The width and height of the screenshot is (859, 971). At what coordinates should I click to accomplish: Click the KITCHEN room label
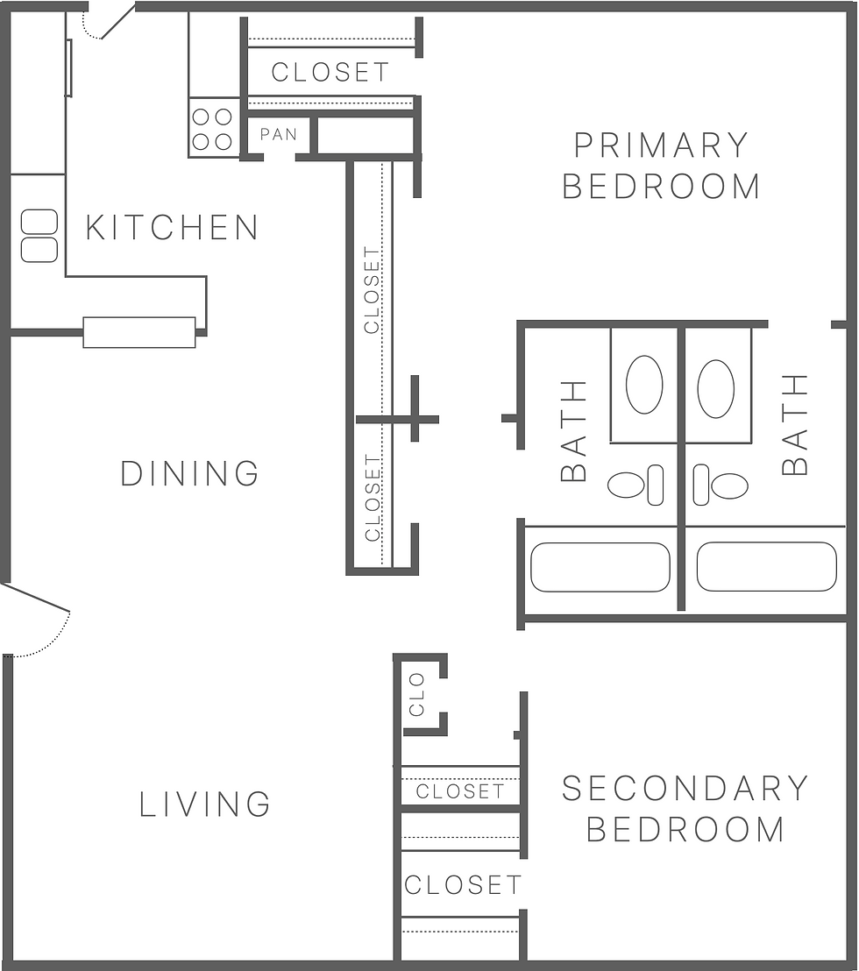(x=173, y=228)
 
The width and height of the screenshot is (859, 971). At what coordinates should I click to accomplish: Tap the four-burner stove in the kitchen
(x=212, y=129)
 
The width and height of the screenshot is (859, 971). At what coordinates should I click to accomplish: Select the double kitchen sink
(x=39, y=236)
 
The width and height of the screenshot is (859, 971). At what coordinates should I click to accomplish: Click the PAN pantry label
(x=279, y=135)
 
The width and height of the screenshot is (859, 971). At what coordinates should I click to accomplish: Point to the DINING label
(x=189, y=474)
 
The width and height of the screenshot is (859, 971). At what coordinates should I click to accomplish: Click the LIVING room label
(x=205, y=804)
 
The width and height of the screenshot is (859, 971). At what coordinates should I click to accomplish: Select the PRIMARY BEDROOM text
(x=661, y=166)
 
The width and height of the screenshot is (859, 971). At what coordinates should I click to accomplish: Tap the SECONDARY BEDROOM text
(x=685, y=808)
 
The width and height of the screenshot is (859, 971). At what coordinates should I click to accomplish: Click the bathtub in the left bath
(x=600, y=567)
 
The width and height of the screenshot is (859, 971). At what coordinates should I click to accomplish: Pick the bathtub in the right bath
(x=766, y=567)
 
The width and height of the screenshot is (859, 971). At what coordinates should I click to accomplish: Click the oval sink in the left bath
(x=644, y=385)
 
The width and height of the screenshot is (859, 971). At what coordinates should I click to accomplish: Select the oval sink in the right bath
(x=715, y=388)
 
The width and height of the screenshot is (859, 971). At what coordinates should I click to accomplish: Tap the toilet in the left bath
(x=636, y=485)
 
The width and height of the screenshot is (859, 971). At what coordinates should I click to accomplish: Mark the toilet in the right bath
(x=721, y=485)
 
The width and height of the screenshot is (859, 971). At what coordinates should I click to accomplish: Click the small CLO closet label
(x=416, y=694)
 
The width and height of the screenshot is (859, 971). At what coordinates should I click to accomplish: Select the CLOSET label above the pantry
(x=330, y=73)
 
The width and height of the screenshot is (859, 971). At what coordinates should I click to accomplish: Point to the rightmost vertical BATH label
(x=794, y=424)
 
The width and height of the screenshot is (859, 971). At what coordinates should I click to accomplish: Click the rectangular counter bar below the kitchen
(x=139, y=332)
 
